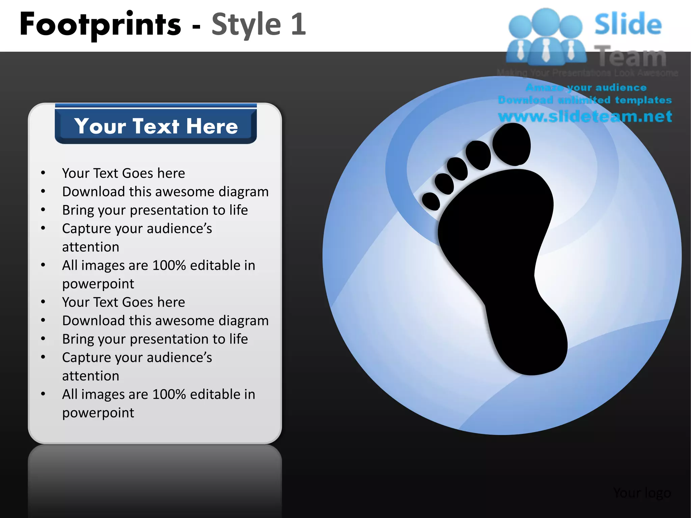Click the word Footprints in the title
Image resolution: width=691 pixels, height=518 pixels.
[100, 24]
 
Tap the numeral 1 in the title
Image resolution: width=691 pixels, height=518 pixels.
[298, 24]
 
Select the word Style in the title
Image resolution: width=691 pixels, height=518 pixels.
[246, 24]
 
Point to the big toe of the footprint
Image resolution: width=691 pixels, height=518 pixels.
[512, 144]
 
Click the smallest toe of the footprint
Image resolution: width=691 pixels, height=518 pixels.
[431, 201]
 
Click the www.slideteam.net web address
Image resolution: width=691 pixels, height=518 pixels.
[585, 116]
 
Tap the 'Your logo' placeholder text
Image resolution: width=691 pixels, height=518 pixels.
[642, 493]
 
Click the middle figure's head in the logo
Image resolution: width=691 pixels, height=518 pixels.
[546, 21]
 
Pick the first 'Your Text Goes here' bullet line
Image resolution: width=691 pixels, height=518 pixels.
[123, 173]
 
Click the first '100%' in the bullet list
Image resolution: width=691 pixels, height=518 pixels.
[169, 265]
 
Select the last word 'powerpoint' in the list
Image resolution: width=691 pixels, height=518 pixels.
[98, 413]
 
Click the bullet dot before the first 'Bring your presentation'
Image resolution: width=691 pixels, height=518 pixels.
[43, 210]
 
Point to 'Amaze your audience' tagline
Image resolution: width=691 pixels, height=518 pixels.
[586, 88]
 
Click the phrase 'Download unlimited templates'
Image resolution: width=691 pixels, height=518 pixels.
[585, 100]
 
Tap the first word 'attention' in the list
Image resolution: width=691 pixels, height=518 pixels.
[91, 247]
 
